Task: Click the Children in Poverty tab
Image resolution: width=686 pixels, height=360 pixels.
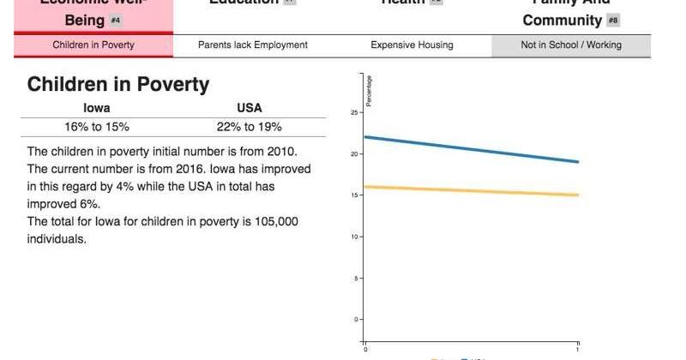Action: pos(93,45)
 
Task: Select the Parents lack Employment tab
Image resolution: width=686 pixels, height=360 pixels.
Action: pos(252,45)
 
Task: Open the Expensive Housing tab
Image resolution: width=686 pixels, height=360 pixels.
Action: pos(412,45)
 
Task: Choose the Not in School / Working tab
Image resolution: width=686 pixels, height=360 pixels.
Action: pos(571,45)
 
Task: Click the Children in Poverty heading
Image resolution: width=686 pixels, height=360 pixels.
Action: pos(118,84)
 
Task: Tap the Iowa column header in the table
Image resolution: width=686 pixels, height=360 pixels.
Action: pos(96,108)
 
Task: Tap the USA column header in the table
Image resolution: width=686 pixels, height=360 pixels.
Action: pos(250,108)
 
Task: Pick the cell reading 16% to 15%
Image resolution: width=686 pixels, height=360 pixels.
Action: pos(96,127)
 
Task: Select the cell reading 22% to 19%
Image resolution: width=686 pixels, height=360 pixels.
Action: pos(250,127)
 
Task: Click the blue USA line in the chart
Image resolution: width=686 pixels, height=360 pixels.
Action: pos(472,149)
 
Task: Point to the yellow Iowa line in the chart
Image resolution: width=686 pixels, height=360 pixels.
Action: pos(472,190)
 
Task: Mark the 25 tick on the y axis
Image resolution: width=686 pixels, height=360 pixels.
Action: pos(355,112)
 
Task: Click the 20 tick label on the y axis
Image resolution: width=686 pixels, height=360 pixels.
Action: pos(355,154)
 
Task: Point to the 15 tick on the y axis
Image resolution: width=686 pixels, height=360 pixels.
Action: pos(355,195)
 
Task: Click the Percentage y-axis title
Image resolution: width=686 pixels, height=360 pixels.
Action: pos(370,91)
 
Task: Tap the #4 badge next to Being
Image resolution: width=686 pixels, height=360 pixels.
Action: pos(116,20)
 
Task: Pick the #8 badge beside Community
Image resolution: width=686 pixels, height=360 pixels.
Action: pos(613,20)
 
